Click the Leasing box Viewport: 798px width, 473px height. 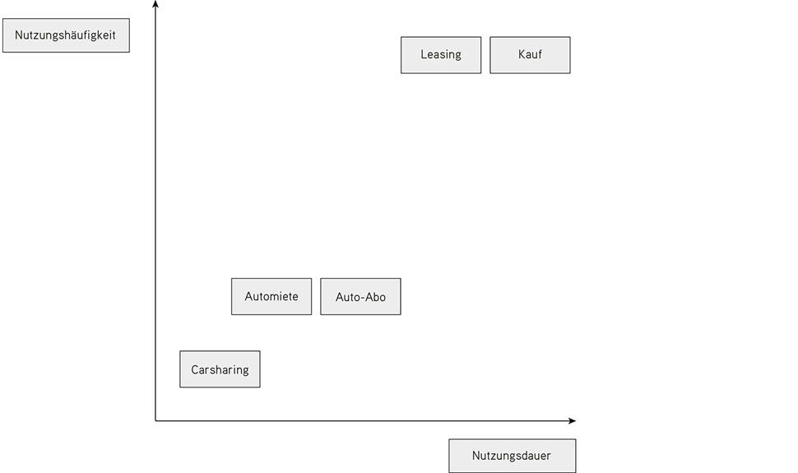pos(441,55)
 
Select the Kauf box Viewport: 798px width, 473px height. pos(530,55)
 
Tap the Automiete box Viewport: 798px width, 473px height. pos(271,296)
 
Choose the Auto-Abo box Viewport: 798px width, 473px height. pos(360,296)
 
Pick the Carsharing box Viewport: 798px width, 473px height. pos(220,369)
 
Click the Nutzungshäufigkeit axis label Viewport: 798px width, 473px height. pos(66,35)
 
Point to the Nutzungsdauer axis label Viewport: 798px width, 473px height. pos(512,456)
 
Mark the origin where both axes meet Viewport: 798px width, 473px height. pos(155,420)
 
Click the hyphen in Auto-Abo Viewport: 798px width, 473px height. pos(364,298)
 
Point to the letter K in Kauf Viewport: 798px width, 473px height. pos(522,54)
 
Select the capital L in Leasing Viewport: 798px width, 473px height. pos(424,54)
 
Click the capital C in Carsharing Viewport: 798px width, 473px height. pos(195,369)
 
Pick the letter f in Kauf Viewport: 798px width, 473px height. pos(540,54)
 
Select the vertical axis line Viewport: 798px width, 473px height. pos(155,211)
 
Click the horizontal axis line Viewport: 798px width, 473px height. pos(365,420)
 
